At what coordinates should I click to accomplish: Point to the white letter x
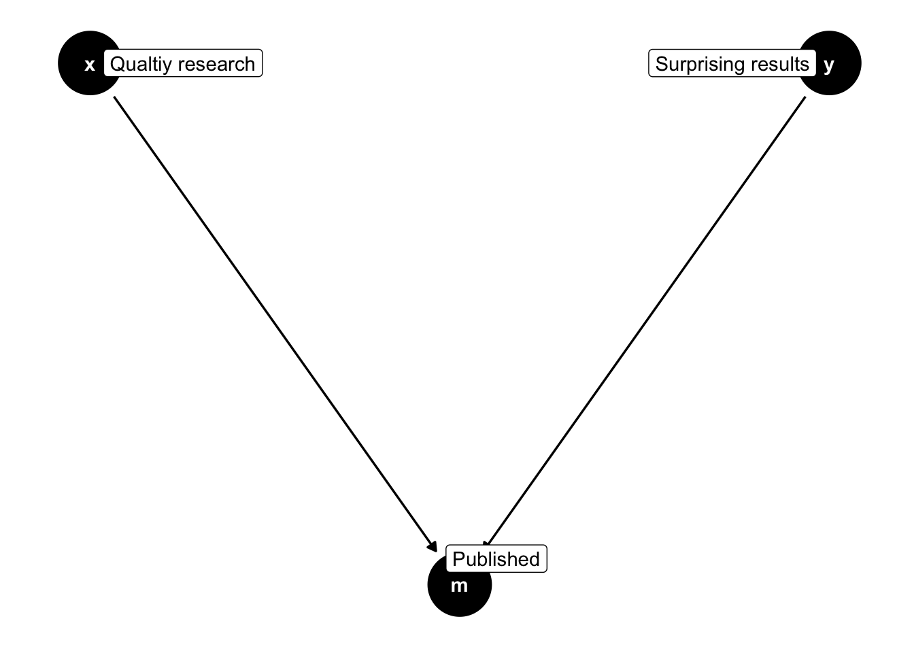(x=89, y=66)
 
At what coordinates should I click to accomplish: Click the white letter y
(x=828, y=65)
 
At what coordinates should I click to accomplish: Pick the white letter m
(x=459, y=586)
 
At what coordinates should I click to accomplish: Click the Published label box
(x=496, y=559)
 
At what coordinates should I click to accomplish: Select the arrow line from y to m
(x=646, y=320)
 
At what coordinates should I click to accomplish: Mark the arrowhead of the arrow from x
(x=433, y=546)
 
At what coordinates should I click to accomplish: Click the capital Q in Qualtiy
(x=117, y=64)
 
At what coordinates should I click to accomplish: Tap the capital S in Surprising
(x=662, y=64)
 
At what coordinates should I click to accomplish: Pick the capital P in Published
(x=458, y=559)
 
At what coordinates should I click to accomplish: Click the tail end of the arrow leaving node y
(x=805, y=98)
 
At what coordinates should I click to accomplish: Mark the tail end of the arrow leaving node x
(x=114, y=98)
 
